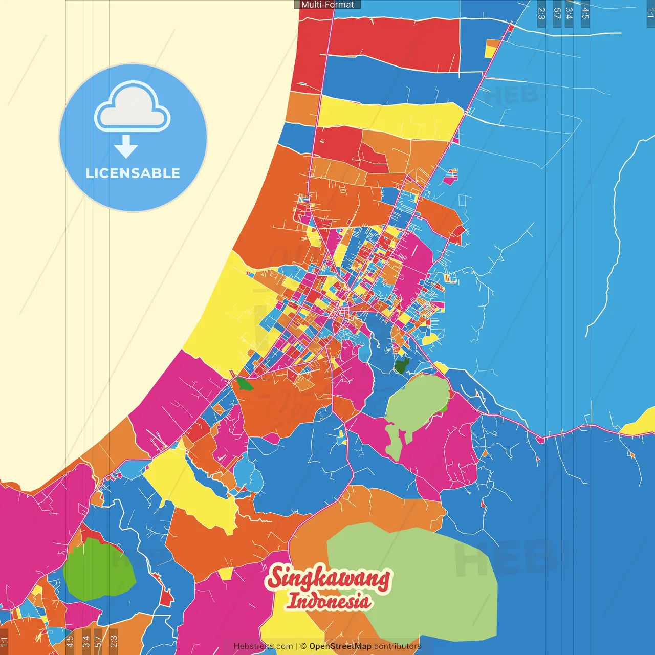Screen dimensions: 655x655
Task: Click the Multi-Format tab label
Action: click(x=327, y=5)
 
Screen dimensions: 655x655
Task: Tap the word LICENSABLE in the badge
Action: click(x=133, y=173)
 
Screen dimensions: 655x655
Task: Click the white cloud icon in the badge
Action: click(x=132, y=107)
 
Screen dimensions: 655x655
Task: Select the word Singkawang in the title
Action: click(x=328, y=578)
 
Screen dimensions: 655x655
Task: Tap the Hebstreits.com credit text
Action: click(x=263, y=646)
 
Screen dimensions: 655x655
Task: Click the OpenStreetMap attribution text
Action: click(x=340, y=646)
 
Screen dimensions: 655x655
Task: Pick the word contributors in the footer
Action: click(x=397, y=646)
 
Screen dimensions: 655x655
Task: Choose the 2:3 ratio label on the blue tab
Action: click(x=541, y=13)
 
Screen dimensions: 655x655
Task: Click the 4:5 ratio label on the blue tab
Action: click(x=585, y=13)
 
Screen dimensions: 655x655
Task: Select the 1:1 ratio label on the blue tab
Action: click(x=650, y=13)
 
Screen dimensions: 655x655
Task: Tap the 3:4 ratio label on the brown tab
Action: click(x=86, y=641)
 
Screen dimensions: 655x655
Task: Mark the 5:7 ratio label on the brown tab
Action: click(x=98, y=641)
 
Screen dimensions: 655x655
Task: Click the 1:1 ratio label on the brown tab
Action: click(x=5, y=641)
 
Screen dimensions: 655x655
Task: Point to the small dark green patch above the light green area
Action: click(x=401, y=366)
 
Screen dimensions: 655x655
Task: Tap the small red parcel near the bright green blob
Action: click(x=166, y=598)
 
